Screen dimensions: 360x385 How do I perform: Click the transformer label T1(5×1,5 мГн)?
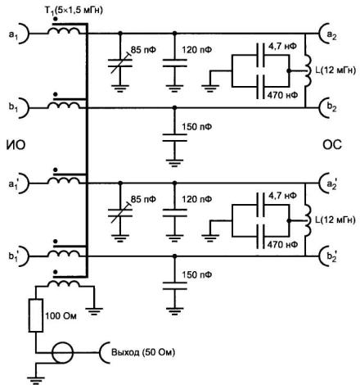(74, 10)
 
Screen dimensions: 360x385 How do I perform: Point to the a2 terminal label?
(331, 35)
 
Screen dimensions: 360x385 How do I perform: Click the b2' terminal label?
(331, 256)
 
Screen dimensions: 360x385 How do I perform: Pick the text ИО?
(16, 145)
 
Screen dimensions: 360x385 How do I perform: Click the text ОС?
(332, 145)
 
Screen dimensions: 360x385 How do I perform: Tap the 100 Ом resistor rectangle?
(36, 315)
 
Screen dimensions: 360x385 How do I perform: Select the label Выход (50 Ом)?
(143, 352)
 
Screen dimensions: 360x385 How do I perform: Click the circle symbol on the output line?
(63, 352)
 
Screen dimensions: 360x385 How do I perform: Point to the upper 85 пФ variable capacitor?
(120, 63)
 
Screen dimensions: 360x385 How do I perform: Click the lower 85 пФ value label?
(143, 199)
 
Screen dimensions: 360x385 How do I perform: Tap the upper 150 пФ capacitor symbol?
(175, 138)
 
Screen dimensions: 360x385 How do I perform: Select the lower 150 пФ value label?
(197, 274)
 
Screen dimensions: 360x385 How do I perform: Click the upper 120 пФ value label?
(197, 50)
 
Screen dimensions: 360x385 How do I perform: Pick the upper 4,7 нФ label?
(282, 46)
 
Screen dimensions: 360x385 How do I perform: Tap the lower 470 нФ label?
(282, 244)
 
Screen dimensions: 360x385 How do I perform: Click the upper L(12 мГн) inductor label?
(335, 70)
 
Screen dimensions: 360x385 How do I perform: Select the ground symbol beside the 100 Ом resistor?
(94, 311)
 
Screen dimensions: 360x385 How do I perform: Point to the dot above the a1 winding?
(56, 20)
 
